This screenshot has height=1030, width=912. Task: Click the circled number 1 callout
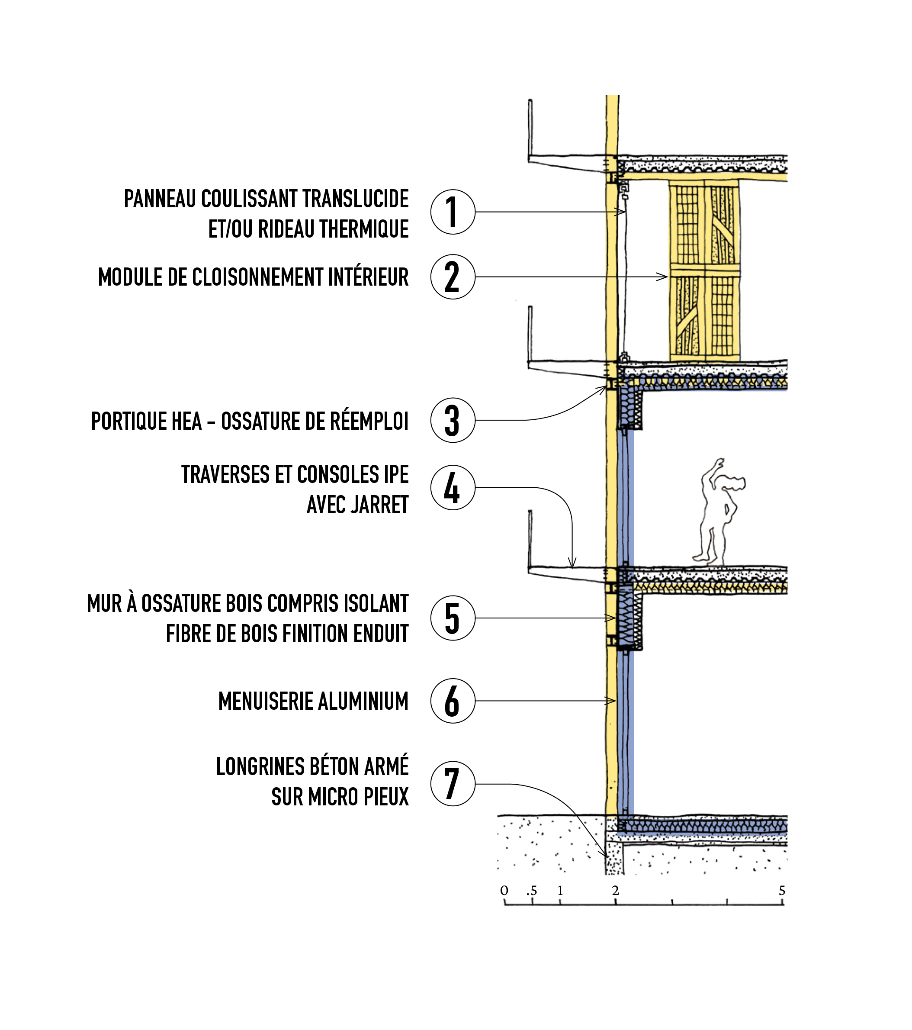pos(453,212)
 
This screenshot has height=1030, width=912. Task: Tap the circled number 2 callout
pos(453,277)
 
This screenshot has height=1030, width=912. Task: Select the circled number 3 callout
pos(453,420)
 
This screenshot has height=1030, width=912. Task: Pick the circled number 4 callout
pos(453,487)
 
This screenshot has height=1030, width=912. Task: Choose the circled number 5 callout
pos(453,618)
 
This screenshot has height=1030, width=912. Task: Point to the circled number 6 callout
pos(453,701)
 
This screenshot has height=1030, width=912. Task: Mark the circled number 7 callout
pos(453,784)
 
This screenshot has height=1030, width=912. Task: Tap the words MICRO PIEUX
pos(358,797)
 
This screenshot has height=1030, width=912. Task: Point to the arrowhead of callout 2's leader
pos(665,277)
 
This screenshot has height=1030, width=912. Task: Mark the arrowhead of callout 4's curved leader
pos(572,565)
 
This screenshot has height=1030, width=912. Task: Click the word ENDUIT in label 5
pos(380,634)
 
